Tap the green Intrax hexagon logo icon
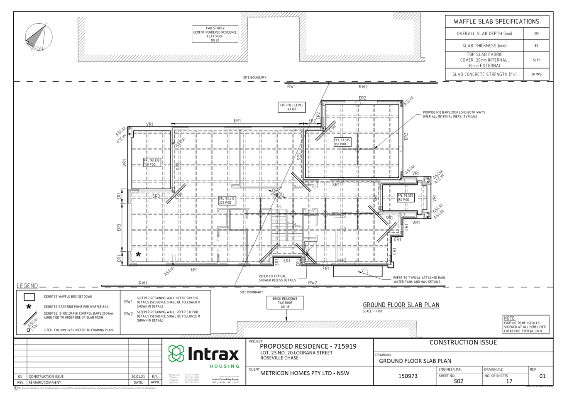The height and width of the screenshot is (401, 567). pyautogui.click(x=176, y=353)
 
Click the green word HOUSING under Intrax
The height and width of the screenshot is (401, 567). pyautogui.click(x=224, y=366)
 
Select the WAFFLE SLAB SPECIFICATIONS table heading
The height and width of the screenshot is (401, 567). pyautogui.click(x=497, y=21)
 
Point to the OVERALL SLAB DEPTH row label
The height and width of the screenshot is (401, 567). pyautogui.click(x=484, y=34)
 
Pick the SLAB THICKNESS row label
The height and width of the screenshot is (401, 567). pyautogui.click(x=484, y=46)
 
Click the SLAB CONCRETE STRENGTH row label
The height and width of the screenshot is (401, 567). pyautogui.click(x=484, y=74)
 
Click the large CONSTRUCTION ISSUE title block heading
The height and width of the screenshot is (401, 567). pyautogui.click(x=463, y=342)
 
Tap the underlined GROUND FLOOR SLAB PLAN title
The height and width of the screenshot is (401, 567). pyautogui.click(x=401, y=304)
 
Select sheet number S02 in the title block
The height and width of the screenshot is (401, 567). pyautogui.click(x=458, y=380)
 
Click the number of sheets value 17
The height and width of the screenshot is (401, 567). pyautogui.click(x=509, y=380)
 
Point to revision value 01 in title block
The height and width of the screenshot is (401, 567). pyautogui.click(x=542, y=376)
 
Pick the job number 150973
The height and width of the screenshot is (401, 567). pyautogui.click(x=407, y=376)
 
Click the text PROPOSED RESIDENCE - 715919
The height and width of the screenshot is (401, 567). pyautogui.click(x=308, y=346)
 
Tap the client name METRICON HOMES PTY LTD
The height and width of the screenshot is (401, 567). pyautogui.click(x=304, y=373)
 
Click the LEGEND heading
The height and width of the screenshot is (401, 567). pyautogui.click(x=27, y=286)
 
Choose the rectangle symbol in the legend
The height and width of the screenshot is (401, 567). pyautogui.click(x=29, y=297)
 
